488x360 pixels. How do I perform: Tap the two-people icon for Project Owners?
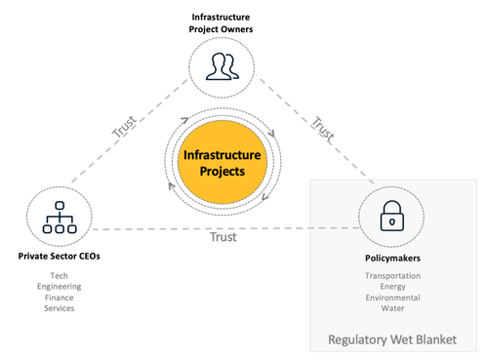click(x=221, y=67)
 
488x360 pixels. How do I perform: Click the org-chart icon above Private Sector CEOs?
click(x=60, y=220)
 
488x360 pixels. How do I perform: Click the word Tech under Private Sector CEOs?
click(x=59, y=276)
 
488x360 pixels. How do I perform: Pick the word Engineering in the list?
click(x=59, y=287)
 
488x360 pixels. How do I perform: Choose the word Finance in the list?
click(x=59, y=298)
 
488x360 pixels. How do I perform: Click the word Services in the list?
click(x=59, y=308)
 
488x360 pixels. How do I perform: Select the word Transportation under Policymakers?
click(x=392, y=276)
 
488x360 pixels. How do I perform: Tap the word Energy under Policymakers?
click(x=392, y=287)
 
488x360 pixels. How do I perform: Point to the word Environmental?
click(x=392, y=298)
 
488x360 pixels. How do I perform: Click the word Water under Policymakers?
click(x=392, y=308)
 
